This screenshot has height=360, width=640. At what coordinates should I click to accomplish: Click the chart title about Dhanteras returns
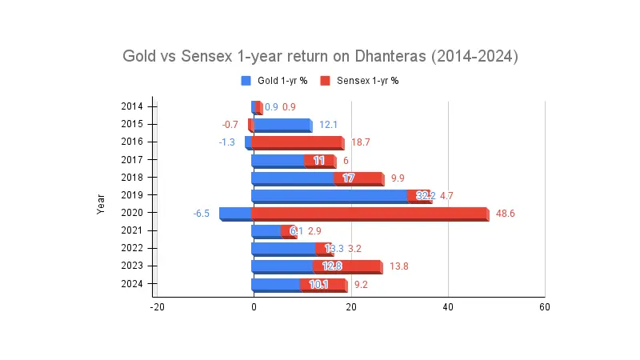(320, 57)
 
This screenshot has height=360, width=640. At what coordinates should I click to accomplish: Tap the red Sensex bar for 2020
(368, 214)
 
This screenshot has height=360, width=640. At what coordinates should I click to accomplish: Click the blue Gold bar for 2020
(235, 214)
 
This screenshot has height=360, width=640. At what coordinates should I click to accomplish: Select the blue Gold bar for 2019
(330, 195)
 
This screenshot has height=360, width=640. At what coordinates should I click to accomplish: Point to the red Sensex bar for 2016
(297, 142)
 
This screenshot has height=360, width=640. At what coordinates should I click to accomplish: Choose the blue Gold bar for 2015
(281, 125)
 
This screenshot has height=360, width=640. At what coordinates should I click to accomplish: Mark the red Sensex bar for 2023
(347, 266)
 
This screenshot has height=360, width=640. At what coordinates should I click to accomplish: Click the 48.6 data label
(506, 214)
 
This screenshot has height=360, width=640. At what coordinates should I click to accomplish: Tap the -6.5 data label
(202, 214)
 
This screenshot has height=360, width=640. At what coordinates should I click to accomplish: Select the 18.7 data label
(360, 142)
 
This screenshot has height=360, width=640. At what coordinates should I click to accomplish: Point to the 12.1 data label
(328, 125)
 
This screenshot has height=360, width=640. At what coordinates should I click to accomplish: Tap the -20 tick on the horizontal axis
(157, 307)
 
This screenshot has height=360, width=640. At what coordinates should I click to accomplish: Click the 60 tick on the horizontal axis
(544, 307)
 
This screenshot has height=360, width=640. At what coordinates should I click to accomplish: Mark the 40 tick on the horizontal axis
(447, 307)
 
